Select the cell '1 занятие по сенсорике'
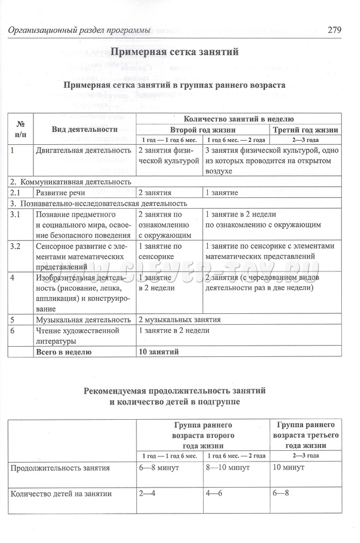tap(160, 251)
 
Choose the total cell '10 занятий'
tap(159, 352)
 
